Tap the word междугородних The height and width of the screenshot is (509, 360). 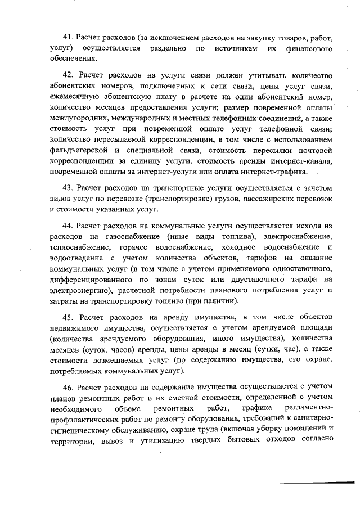tap(76, 118)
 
